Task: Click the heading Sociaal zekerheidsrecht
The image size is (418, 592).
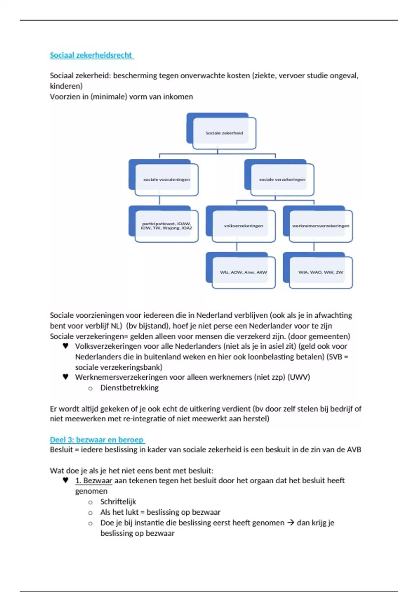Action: click(91, 55)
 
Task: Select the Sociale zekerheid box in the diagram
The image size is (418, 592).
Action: click(224, 133)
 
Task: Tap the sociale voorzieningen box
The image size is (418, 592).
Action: click(167, 179)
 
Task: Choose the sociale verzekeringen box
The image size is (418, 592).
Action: click(282, 179)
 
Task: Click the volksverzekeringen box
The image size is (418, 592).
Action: click(243, 226)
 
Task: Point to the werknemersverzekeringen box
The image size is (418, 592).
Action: click(320, 226)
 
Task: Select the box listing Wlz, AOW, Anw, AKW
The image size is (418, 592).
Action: click(243, 272)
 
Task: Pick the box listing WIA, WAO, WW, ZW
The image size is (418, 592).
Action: click(320, 272)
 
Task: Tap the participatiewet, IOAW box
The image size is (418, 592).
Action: click(167, 226)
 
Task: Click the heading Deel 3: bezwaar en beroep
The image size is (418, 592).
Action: click(96, 439)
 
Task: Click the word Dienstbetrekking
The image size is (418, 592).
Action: click(129, 388)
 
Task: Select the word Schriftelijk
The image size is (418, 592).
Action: click(118, 501)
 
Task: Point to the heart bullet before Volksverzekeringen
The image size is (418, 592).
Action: click(65, 346)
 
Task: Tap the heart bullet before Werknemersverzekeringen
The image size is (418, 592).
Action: click(65, 377)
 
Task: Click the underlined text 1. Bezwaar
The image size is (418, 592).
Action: click(94, 481)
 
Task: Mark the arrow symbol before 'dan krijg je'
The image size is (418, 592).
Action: click(291, 522)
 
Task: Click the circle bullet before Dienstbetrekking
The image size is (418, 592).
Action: click(91, 388)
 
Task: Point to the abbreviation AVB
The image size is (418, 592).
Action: click(354, 450)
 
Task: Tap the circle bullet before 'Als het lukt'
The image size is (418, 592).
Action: click(91, 513)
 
